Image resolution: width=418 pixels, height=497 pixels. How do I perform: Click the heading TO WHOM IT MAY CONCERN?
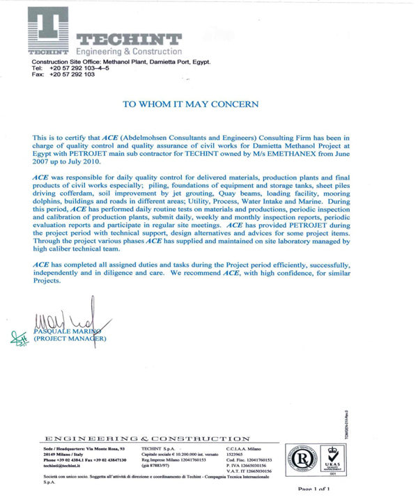[x=190, y=104]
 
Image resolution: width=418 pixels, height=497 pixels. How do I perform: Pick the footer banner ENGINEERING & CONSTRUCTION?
[x=147, y=439]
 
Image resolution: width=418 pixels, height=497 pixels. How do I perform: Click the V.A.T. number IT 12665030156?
[x=250, y=471]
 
